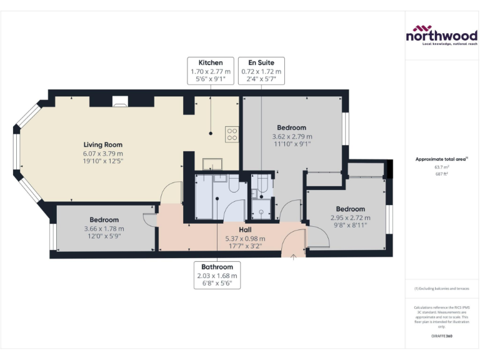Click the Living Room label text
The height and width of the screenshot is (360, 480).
coord(104,145)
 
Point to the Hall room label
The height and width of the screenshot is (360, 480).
coord(245,230)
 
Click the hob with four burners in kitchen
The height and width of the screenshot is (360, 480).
coord(232,133)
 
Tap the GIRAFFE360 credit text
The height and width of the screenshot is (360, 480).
coord(441,337)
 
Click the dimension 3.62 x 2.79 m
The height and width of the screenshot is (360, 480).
coord(291,136)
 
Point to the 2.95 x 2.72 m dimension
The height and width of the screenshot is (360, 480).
coord(350,217)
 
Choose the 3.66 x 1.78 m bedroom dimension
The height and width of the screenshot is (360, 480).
coord(104,228)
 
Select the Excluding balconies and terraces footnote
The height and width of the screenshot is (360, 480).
coord(441,289)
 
